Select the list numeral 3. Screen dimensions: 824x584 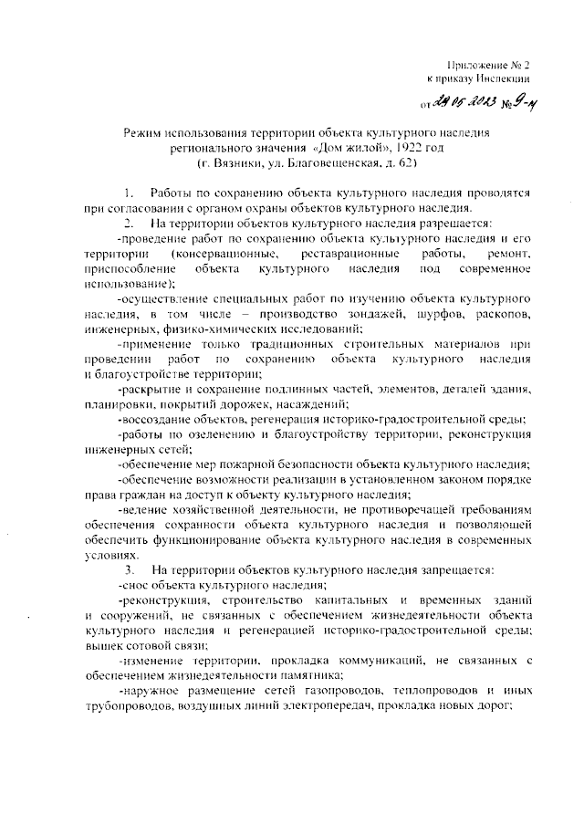tap(130, 569)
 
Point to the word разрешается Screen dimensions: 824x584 tap(447, 224)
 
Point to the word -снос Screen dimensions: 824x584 tap(134, 585)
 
